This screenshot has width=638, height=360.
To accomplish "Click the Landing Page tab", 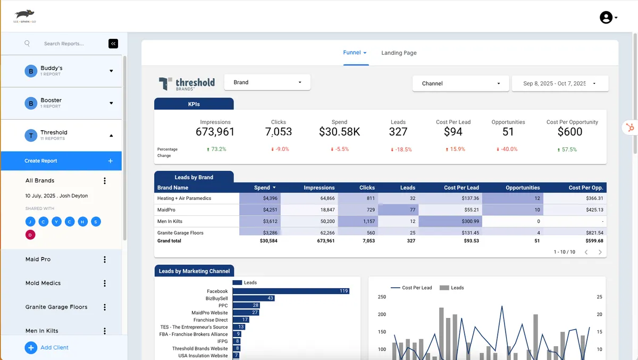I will tap(399, 53).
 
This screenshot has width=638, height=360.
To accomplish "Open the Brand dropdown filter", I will tap(267, 82).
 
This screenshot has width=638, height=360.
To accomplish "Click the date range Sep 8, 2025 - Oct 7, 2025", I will tap(559, 83).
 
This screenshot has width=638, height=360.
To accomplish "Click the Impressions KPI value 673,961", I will tap(215, 132).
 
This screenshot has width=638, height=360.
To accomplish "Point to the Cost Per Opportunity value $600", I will tap(570, 132).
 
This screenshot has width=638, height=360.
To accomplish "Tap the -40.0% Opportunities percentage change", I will tap(507, 149).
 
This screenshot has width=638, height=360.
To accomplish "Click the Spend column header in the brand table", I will tap(262, 188).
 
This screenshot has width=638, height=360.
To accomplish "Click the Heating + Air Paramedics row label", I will tap(184, 198).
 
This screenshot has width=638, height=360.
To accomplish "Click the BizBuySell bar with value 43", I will tap(254, 298).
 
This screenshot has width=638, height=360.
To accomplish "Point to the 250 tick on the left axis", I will tap(382, 297).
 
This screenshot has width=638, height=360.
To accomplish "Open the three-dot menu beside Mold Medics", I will tap(105, 283).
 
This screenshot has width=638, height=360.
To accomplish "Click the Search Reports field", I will tap(64, 44).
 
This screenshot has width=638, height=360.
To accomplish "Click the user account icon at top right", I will tap(606, 18).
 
